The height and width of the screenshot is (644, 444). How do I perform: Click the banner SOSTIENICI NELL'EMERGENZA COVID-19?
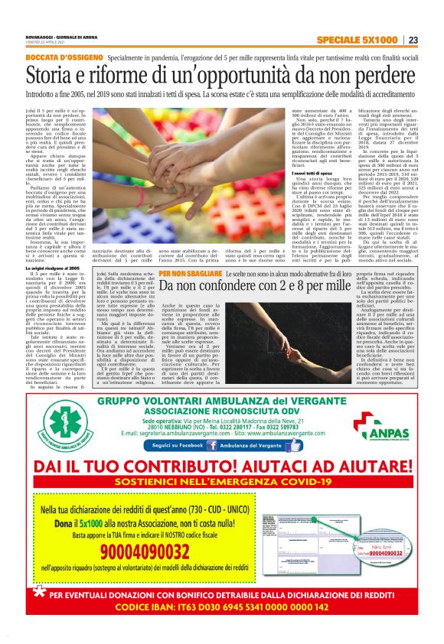click(222, 483)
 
